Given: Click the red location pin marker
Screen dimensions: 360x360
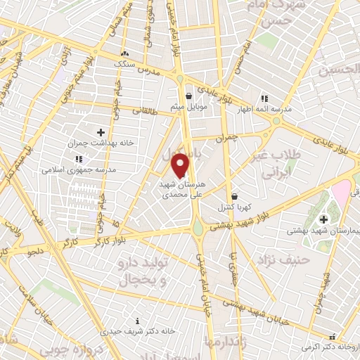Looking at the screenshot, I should click(x=181, y=165).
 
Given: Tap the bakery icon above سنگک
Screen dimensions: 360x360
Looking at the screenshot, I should click(x=124, y=53).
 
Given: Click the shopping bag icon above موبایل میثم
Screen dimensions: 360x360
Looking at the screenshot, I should click(x=188, y=97).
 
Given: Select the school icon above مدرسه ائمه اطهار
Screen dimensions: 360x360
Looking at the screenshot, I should click(x=264, y=98).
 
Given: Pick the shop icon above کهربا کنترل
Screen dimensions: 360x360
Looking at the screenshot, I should click(x=234, y=197).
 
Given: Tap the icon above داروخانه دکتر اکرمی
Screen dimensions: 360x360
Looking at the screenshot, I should click(x=332, y=337).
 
